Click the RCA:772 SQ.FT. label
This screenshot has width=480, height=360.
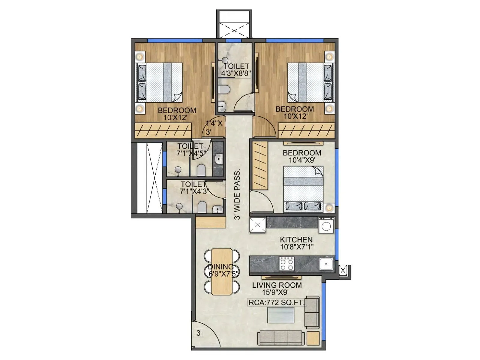[x=276, y=303]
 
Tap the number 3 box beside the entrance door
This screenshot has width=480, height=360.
[x=198, y=333]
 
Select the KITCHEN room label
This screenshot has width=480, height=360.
[x=296, y=240]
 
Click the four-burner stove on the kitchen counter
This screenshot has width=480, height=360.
[x=286, y=264]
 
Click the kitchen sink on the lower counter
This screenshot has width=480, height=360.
[x=326, y=264]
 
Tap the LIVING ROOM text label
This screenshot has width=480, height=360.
[x=277, y=285]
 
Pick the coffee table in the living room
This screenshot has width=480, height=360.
[x=281, y=315]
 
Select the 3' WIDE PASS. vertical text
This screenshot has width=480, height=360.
[x=237, y=195]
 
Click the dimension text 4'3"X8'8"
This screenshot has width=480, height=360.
[x=236, y=73]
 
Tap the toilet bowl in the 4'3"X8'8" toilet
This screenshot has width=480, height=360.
[x=224, y=89]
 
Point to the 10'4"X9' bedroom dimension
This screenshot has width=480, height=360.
[x=301, y=160]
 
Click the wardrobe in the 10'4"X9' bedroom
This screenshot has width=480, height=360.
[x=259, y=165]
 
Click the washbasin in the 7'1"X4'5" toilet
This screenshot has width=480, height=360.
[x=219, y=158]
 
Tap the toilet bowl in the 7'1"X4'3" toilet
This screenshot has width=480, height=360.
[x=202, y=207]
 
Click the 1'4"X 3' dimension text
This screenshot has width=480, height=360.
[x=214, y=127]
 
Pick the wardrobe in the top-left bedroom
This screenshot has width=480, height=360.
[x=163, y=131]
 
